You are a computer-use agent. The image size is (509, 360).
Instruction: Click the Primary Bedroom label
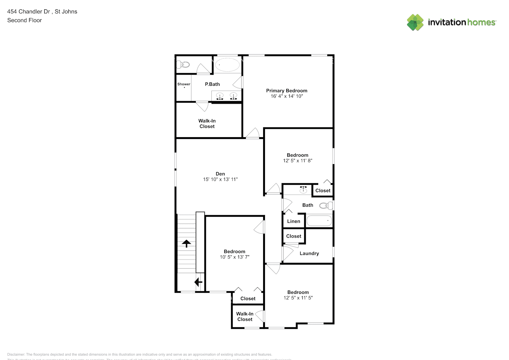pos(287,91)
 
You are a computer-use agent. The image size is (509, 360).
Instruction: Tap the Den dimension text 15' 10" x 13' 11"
pos(220,179)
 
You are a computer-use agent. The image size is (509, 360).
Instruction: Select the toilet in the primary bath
pos(184,65)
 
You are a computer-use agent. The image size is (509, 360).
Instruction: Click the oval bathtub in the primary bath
pos(227,65)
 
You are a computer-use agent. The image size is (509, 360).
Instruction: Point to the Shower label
pos(184,84)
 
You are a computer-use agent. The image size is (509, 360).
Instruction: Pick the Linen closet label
pos(293,221)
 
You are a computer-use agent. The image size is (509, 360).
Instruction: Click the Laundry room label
pos(309,253)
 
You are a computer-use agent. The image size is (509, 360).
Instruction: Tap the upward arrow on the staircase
pos(186,244)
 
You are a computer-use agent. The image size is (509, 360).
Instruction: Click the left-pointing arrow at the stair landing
pos(198,282)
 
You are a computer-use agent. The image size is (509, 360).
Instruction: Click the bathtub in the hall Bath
pos(319,221)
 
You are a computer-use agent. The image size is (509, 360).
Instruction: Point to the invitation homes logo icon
pos(415,22)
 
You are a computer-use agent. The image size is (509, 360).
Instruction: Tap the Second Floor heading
pos(24,20)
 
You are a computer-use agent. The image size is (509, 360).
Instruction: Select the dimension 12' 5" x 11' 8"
pos(298,161)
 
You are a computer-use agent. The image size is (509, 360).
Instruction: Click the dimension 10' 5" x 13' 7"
pos(235,257)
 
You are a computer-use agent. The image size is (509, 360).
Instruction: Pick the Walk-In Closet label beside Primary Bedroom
pos(207,123)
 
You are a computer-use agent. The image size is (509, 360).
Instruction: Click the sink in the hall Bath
pos(303,189)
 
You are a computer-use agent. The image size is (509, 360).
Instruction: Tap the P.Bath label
pos(212,84)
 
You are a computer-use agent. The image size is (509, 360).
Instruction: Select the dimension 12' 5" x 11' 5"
pos(298,298)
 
